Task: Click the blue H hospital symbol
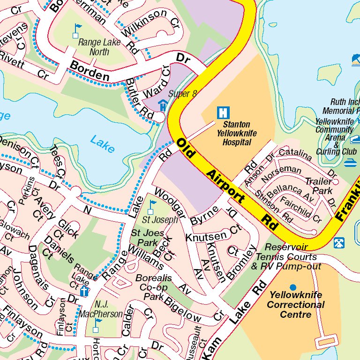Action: pos(224,112)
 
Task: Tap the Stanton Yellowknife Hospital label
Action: pos(237,134)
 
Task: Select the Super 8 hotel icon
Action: pos(163,105)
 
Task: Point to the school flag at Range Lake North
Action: pos(76,31)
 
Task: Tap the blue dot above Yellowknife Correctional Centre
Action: pos(293,287)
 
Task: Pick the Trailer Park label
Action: pos(319,186)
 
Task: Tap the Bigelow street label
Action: pos(183,309)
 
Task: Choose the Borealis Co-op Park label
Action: pos(154,287)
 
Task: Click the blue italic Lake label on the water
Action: pos(102,143)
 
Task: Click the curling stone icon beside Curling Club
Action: pos(349,163)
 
